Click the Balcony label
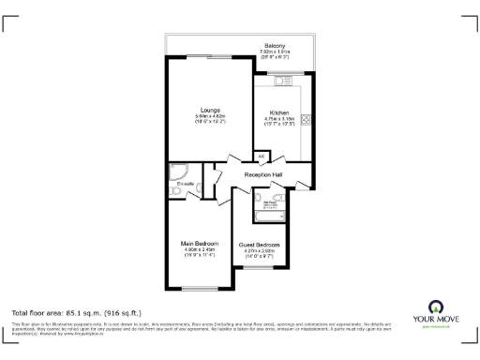point(274,44)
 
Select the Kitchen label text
point(279,112)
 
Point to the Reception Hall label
point(263,175)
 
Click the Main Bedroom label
point(198,245)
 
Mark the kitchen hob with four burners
point(305,120)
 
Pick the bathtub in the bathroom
point(269,214)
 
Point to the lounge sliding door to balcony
point(208,59)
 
